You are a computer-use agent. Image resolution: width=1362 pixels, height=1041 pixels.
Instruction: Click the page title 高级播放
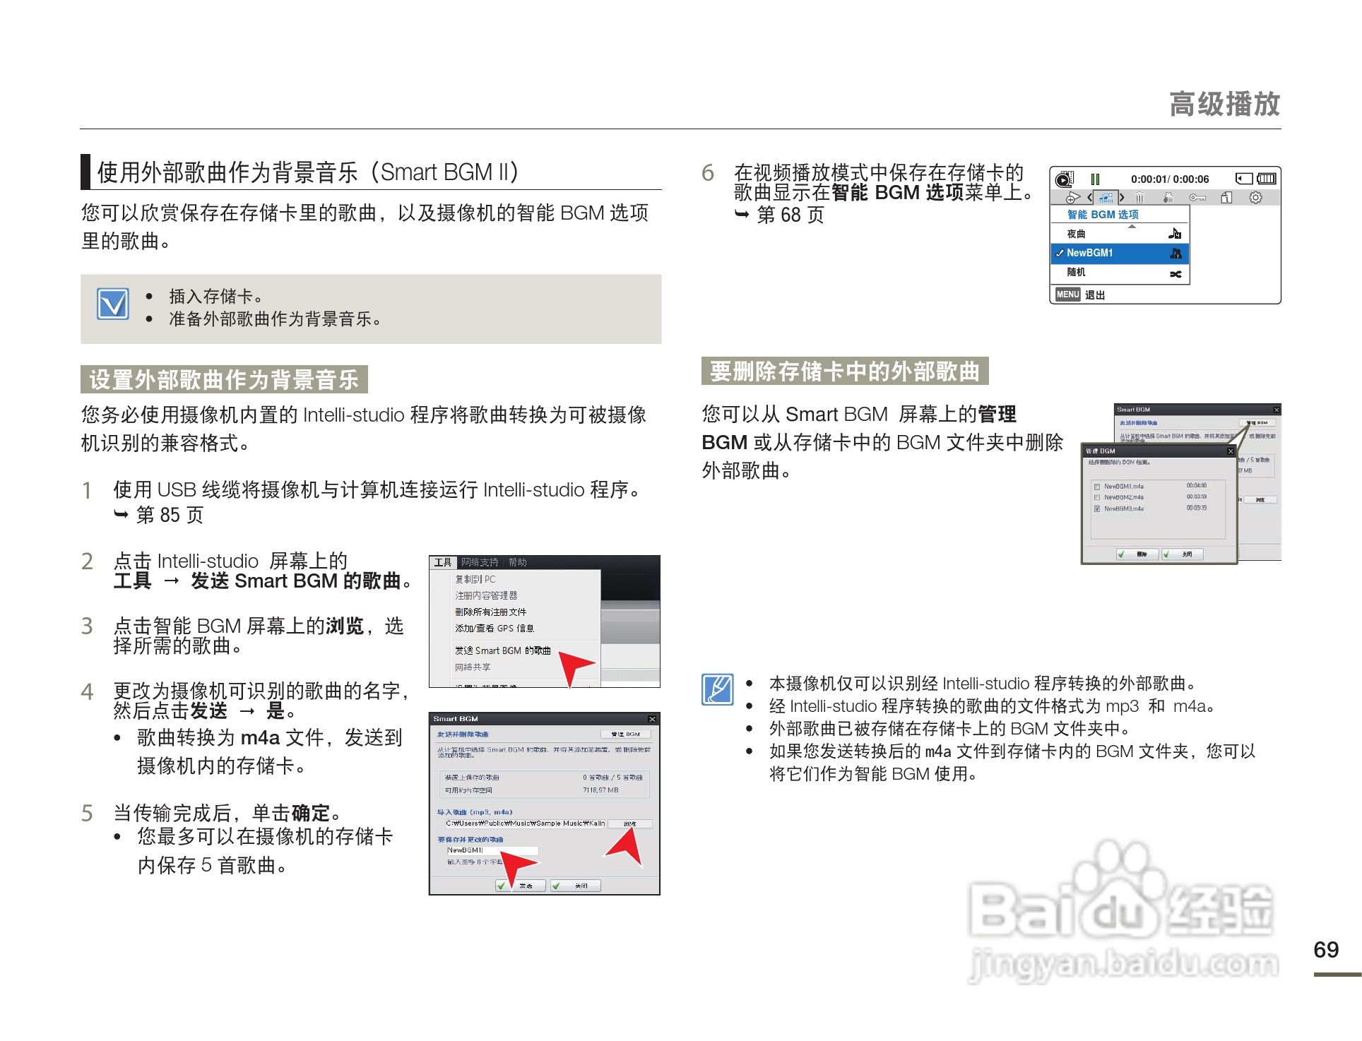[x=1224, y=104]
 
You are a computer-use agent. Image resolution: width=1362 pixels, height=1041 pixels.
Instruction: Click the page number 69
[x=1325, y=949]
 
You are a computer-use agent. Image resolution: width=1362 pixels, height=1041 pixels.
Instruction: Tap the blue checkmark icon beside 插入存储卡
[x=113, y=304]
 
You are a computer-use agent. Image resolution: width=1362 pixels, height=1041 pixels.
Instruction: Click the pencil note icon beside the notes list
[x=717, y=689]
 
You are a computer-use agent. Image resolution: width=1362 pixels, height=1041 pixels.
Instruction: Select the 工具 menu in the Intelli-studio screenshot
[x=443, y=562]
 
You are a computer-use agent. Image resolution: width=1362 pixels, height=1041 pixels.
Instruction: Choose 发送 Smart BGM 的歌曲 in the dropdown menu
[x=502, y=650]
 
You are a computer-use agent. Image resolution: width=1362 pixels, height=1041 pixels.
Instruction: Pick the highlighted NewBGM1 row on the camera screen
[x=1119, y=253]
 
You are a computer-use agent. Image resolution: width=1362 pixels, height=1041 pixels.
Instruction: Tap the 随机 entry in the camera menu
[x=1119, y=273]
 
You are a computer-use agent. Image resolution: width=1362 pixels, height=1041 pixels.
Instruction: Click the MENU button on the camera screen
[x=1067, y=295]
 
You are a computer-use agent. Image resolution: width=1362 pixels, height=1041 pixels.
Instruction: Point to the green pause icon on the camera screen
[x=1095, y=179]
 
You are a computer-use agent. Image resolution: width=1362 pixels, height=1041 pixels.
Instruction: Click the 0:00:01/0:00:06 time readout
[x=1169, y=179]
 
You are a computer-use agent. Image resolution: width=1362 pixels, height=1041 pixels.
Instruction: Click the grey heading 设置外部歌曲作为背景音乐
[x=224, y=379]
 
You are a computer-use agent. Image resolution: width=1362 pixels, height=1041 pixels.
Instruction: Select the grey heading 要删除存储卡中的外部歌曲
[x=844, y=371]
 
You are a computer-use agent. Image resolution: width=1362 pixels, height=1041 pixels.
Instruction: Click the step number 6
[x=707, y=173]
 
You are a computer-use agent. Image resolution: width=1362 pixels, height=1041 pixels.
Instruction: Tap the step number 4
[x=87, y=691]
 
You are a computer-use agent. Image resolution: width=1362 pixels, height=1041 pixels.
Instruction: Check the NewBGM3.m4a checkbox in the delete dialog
[x=1096, y=508]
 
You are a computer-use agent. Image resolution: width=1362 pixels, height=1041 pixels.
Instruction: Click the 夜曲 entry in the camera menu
[x=1119, y=234]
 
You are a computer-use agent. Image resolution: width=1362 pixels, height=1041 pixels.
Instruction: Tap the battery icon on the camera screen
[x=1266, y=179]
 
